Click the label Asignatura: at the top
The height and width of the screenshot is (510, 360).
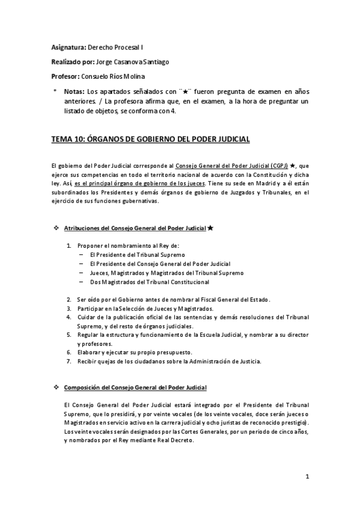[69, 46]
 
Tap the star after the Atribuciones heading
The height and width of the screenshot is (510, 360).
[210, 228]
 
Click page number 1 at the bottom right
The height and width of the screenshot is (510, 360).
[307, 478]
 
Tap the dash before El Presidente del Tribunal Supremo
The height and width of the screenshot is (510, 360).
[81, 254]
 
